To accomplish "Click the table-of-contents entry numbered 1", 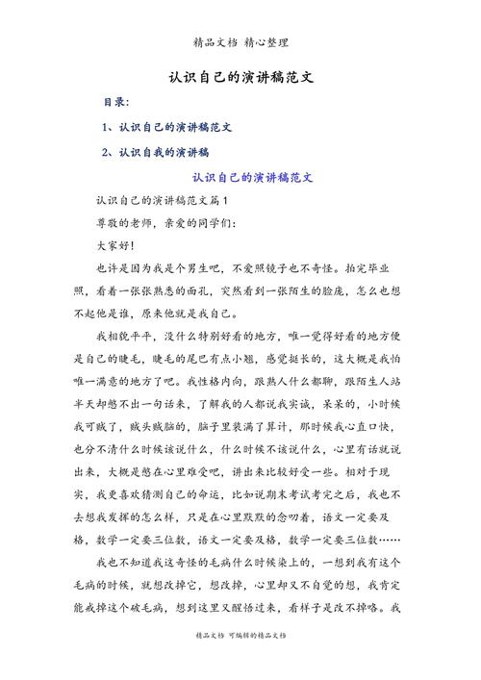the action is coord(169,127).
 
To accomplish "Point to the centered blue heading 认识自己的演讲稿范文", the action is coord(253,178).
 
